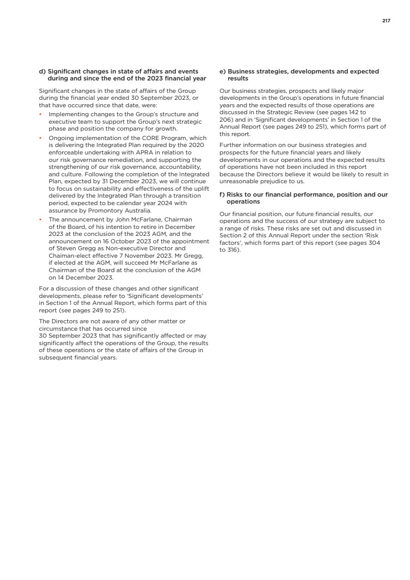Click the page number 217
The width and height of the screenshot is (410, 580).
(x=386, y=20)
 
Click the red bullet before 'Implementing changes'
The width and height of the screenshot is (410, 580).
(x=40, y=114)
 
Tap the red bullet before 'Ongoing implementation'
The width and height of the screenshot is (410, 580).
(x=40, y=138)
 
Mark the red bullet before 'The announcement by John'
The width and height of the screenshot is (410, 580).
(x=40, y=219)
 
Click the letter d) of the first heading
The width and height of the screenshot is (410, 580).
(x=42, y=72)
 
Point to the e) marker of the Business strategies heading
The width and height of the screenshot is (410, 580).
(x=222, y=72)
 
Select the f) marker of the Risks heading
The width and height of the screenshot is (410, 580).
(x=222, y=195)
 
